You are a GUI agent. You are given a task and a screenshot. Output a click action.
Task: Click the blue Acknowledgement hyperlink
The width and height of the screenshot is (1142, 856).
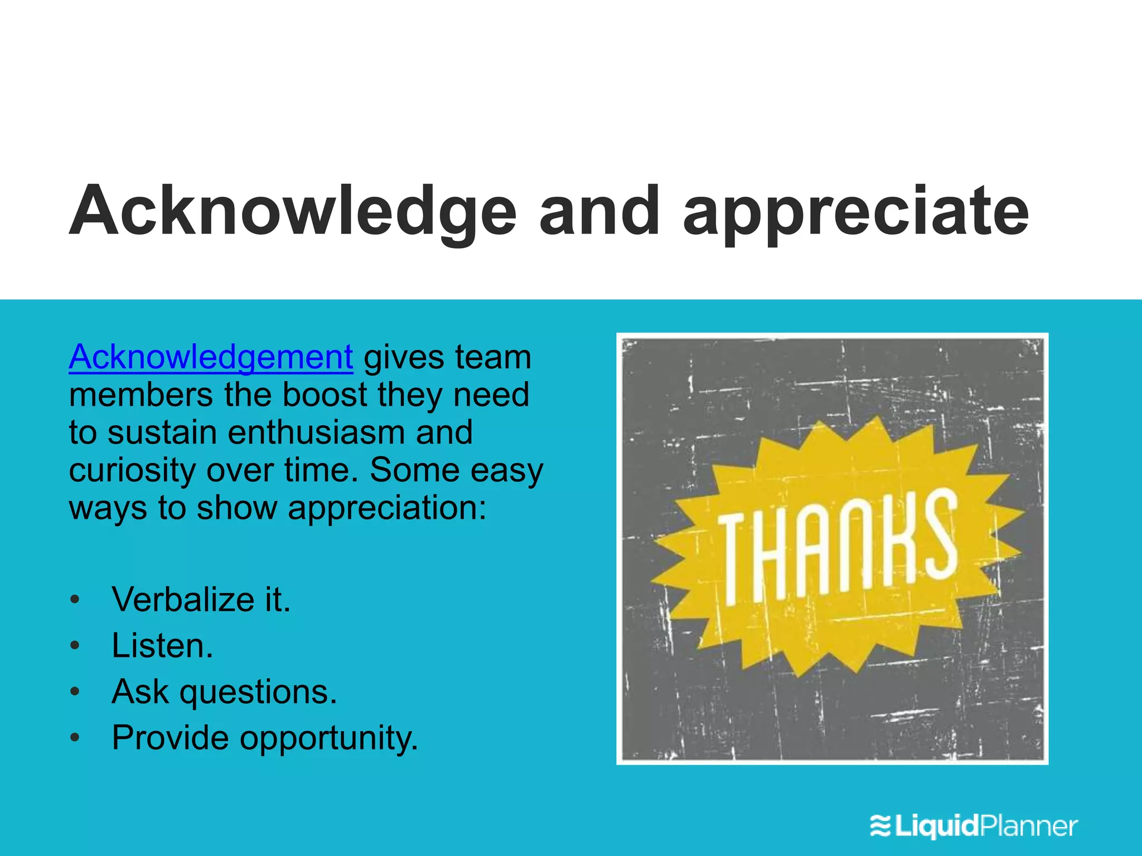[211, 358]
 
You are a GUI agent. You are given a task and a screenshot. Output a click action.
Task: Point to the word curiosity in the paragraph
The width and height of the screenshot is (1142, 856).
[132, 471]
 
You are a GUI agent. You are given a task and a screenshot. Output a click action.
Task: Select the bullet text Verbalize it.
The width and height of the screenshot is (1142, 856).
[201, 600]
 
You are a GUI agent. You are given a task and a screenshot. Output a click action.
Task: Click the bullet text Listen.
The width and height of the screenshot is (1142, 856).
[162, 646]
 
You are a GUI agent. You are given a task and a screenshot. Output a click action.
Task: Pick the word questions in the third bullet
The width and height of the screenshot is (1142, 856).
[258, 693]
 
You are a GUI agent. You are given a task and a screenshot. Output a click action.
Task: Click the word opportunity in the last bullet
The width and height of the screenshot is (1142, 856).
[328, 738]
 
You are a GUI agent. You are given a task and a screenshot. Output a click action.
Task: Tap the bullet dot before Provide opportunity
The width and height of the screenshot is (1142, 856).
[75, 738]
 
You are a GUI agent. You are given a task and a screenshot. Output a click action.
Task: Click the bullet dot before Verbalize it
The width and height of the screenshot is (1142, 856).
[75, 600]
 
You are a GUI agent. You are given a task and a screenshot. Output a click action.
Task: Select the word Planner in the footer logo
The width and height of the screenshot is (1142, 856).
[1029, 826]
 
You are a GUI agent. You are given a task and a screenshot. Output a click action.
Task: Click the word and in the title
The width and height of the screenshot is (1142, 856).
[599, 212]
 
